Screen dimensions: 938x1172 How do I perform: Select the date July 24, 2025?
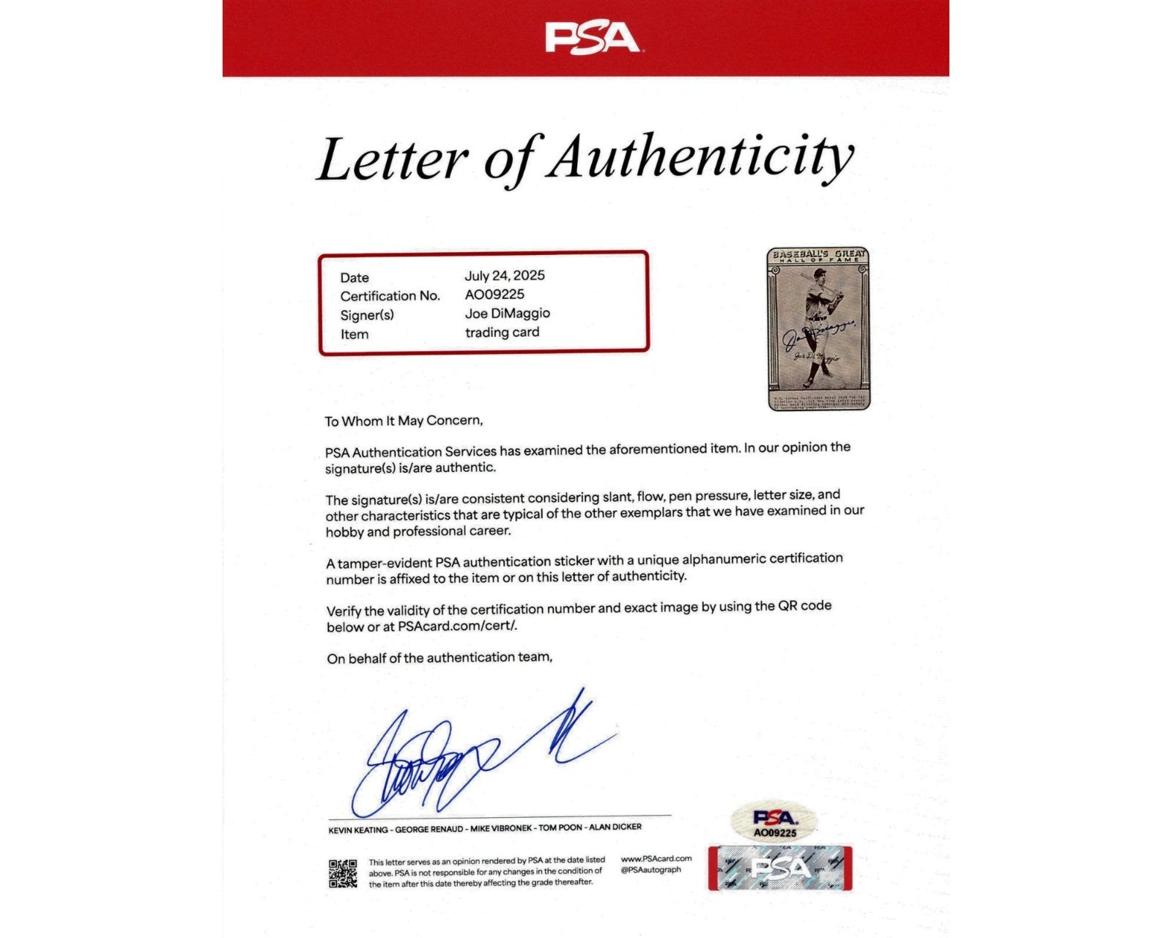pyautogui.click(x=505, y=276)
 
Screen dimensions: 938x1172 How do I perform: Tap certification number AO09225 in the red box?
pyautogui.click(x=494, y=295)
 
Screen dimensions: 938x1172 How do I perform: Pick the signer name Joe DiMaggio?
pyautogui.click(x=508, y=314)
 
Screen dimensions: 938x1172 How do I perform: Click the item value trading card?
pyautogui.click(x=502, y=333)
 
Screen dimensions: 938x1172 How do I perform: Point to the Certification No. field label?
pyautogui.click(x=390, y=296)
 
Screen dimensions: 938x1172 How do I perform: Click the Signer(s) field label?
pyautogui.click(x=367, y=315)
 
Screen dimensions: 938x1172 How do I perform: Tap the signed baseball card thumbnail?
pyautogui.click(x=817, y=328)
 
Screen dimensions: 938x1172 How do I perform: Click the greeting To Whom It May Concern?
pyautogui.click(x=404, y=421)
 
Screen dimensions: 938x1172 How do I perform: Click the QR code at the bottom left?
pyautogui.click(x=343, y=874)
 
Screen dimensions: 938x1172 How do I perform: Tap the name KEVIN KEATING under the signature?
pyautogui.click(x=358, y=830)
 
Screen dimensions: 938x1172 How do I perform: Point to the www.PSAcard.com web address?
pyautogui.click(x=656, y=859)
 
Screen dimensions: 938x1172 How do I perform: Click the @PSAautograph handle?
pyautogui.click(x=650, y=870)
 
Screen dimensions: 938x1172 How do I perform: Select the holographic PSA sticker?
pyautogui.click(x=779, y=868)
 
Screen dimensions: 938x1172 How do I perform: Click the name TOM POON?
pyautogui.click(x=560, y=828)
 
